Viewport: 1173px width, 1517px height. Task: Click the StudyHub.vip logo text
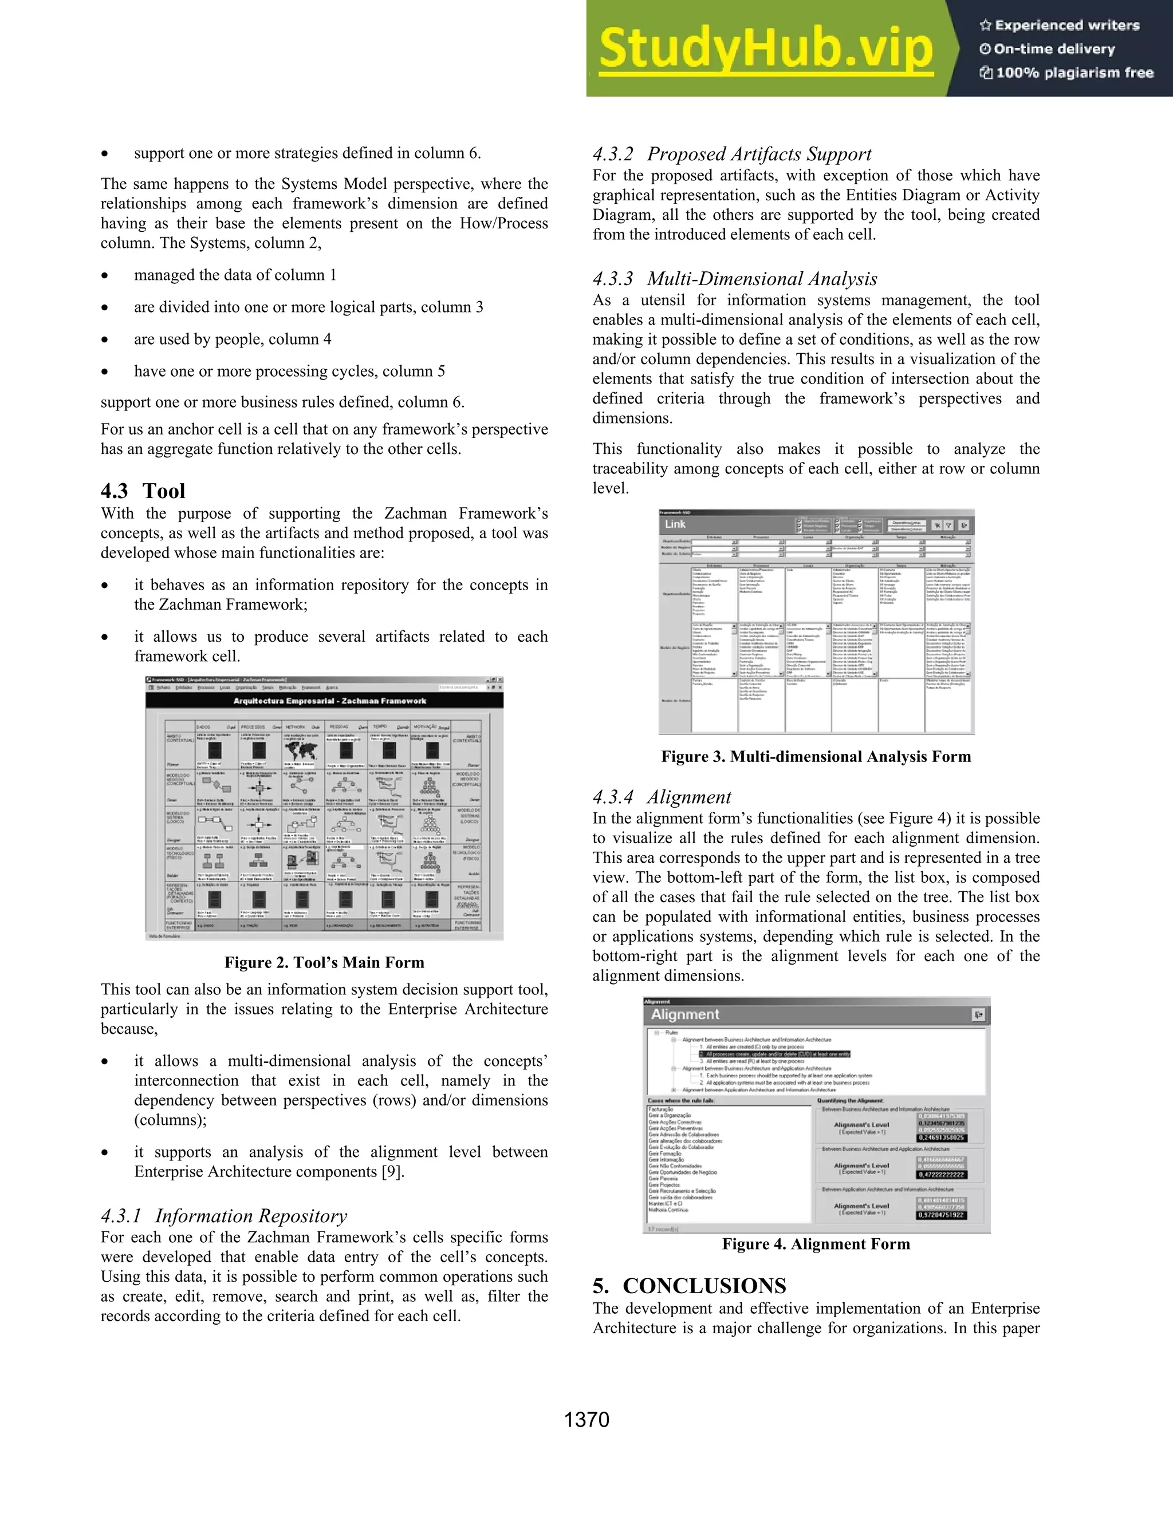point(765,49)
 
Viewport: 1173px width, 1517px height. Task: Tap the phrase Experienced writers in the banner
point(1066,26)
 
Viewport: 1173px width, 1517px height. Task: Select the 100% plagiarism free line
point(1074,73)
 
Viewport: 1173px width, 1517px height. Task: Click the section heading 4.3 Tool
point(143,491)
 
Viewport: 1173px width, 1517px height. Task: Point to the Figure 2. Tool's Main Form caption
point(324,962)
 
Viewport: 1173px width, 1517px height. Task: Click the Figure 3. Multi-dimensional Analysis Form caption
point(816,756)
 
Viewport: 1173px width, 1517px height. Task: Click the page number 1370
point(586,1420)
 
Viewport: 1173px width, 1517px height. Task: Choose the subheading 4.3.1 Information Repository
point(224,1215)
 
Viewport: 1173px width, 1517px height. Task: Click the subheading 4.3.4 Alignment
point(662,797)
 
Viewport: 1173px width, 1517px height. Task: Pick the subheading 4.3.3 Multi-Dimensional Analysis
point(734,279)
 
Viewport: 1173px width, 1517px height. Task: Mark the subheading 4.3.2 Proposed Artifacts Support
point(732,154)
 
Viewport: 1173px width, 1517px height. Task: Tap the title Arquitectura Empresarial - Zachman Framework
point(329,701)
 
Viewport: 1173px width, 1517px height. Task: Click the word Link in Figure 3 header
point(675,524)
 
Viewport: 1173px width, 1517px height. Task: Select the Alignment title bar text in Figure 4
point(684,1014)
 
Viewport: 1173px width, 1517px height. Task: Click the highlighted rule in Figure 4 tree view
point(774,1054)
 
